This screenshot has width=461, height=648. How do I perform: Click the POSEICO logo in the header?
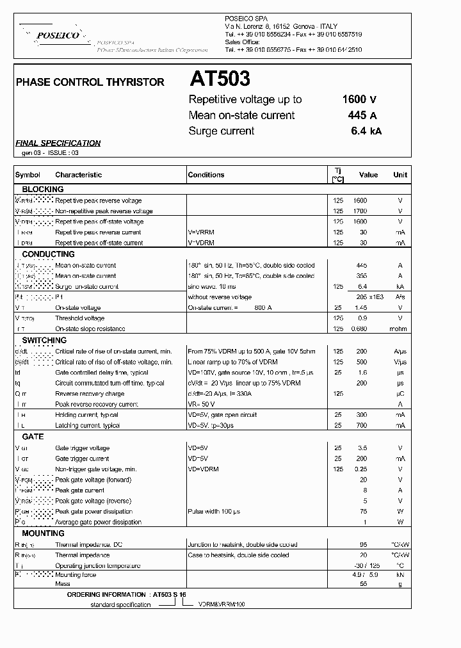point(58,36)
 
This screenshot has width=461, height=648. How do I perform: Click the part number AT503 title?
point(220,79)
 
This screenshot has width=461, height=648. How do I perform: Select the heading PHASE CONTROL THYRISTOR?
point(90,82)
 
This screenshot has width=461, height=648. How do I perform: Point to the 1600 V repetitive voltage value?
point(359,99)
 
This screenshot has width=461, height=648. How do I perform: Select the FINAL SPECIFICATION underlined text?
point(58,143)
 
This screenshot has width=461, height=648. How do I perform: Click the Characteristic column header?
point(78,175)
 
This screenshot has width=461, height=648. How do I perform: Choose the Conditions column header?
point(206,175)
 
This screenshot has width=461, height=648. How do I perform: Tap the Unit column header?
point(400,175)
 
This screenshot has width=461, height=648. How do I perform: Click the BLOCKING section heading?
point(43,190)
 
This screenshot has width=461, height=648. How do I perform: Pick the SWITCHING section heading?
point(44,341)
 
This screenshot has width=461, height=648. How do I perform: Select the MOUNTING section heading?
point(44,533)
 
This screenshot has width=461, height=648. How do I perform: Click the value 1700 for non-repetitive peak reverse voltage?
point(360,211)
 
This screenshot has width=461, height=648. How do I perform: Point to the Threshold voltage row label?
point(80,318)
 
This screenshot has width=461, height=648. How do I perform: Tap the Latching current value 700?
point(362,426)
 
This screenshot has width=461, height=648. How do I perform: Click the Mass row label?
point(63,585)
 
